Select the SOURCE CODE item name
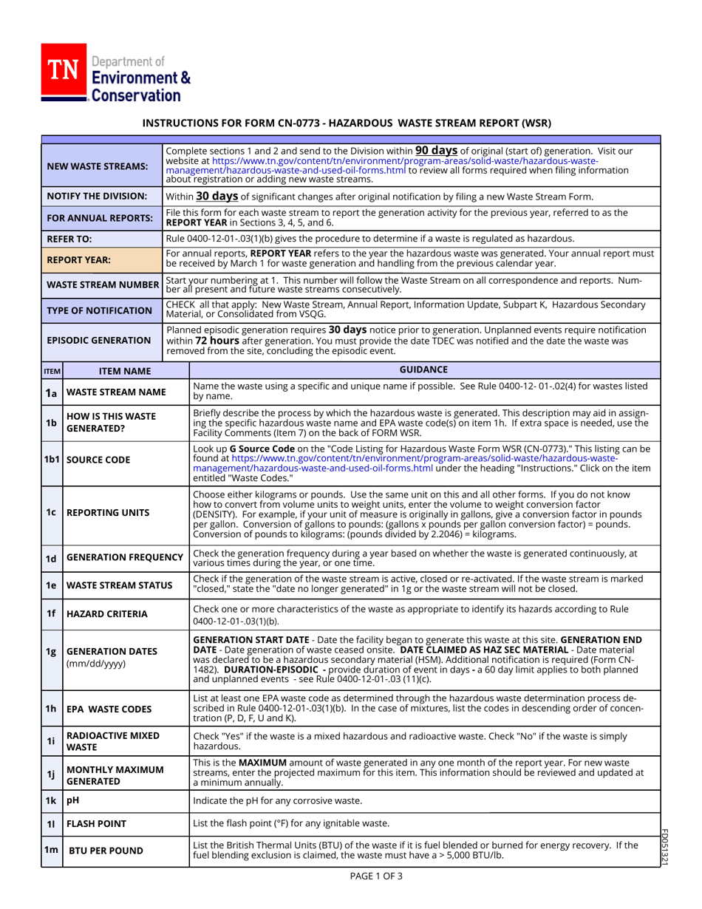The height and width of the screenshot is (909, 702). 95,460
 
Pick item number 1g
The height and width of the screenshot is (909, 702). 51,652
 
